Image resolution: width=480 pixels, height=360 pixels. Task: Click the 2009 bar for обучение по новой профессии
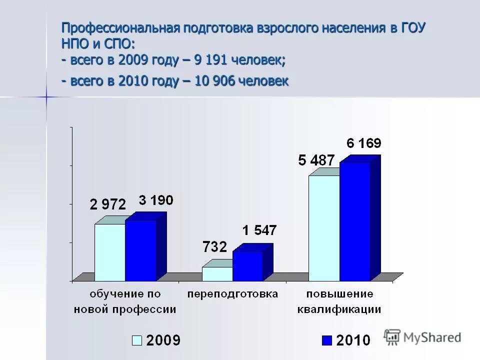tap(110, 252)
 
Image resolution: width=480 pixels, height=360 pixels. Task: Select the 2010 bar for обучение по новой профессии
tap(140, 250)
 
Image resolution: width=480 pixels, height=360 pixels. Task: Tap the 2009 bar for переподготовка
tap(217, 274)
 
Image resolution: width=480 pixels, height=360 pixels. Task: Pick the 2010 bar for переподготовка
tap(247, 266)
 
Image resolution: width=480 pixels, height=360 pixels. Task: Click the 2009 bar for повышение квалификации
tap(324, 228)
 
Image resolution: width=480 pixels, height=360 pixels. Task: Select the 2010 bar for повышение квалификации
tap(354, 221)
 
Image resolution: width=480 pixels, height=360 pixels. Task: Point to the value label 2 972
tap(108, 204)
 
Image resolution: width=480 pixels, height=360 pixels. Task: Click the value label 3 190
tap(155, 201)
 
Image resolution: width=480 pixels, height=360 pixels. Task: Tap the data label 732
tap(214, 246)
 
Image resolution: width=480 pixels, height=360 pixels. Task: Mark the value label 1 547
tap(259, 231)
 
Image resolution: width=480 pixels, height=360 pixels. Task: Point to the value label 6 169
tap(364, 143)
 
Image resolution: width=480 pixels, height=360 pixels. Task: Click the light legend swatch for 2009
tap(137, 340)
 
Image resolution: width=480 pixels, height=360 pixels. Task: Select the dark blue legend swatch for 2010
tap(326, 340)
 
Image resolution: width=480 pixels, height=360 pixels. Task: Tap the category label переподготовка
tap(232, 294)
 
